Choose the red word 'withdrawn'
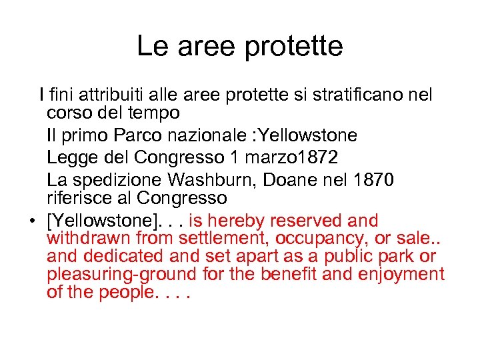click(89, 238)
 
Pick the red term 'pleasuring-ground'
click(122, 274)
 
